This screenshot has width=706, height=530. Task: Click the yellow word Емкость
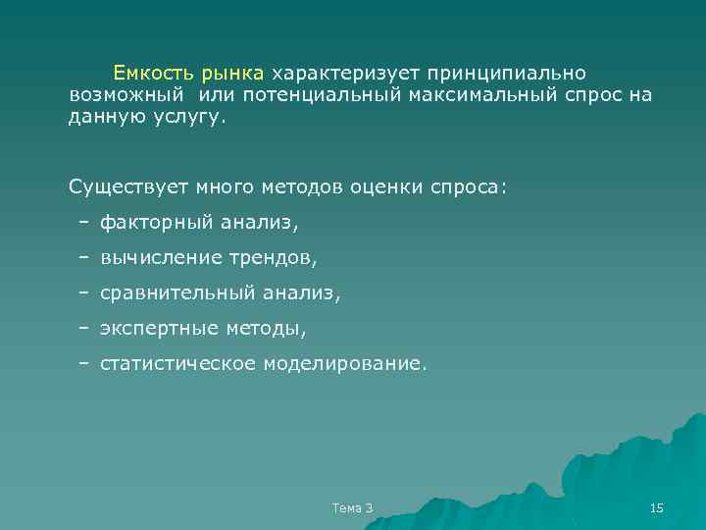(153, 73)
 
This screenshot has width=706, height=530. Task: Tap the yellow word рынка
(232, 73)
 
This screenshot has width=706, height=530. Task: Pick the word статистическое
(177, 363)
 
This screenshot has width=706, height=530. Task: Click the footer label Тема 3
(353, 507)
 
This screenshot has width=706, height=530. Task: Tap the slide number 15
(657, 507)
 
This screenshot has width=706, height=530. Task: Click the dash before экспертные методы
(84, 328)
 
